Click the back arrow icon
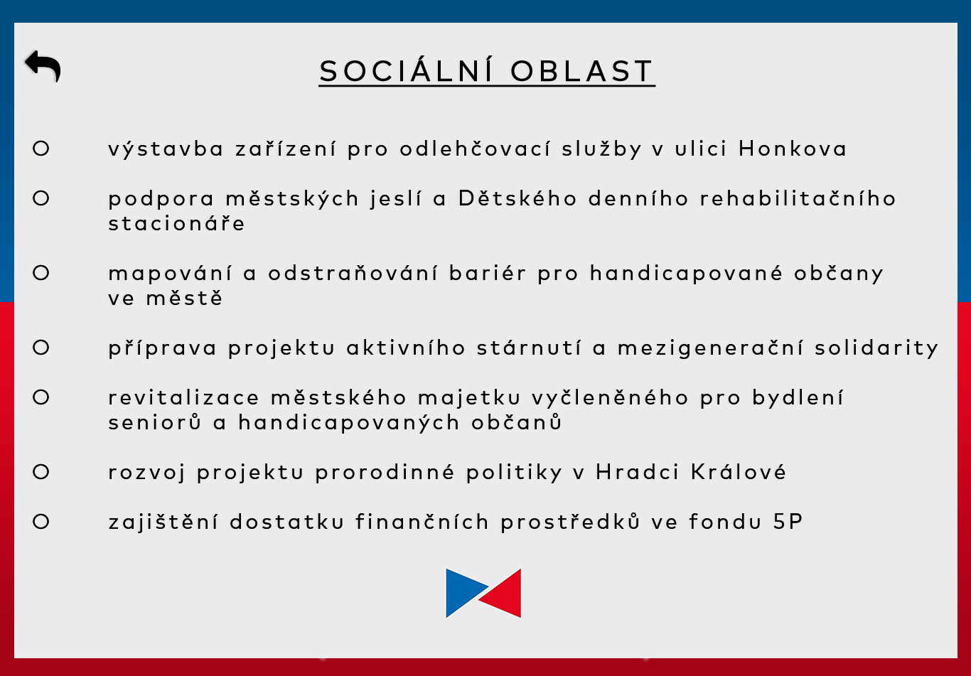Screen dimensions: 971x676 (43, 66)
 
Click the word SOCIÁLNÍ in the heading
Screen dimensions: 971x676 (406, 70)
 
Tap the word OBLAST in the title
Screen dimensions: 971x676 (581, 71)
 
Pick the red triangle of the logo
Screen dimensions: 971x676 (503, 593)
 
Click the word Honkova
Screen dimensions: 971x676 (793, 149)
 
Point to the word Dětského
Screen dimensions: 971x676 (517, 198)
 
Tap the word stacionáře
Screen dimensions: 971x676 (176, 223)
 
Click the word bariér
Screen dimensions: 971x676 (488, 273)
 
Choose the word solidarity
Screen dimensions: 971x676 (876, 348)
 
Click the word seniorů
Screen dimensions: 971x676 (155, 422)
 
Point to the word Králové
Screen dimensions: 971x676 (739, 471)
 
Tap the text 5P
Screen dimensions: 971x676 (788, 521)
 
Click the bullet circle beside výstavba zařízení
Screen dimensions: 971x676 (41, 149)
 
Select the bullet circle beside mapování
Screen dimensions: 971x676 (41, 273)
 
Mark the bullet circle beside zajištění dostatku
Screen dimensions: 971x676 (41, 521)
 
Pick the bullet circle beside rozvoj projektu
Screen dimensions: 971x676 (41, 472)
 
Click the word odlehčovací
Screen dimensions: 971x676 (475, 149)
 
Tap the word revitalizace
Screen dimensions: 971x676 (184, 397)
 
